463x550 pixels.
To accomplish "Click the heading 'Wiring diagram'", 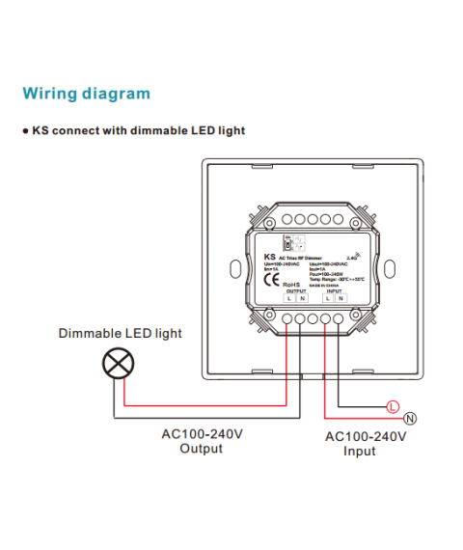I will coord(87,94).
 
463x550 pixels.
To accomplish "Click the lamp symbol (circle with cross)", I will coord(119,364).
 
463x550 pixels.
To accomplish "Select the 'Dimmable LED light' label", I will coord(120,334).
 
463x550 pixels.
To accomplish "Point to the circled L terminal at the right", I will coord(391,406).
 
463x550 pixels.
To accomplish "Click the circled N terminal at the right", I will coord(409,418).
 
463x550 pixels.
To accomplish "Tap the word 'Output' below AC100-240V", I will coord(201,449).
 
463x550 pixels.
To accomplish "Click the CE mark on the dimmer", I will coord(272,282).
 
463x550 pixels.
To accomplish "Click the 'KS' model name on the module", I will coord(269,258).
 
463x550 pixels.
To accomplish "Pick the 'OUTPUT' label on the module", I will coord(295,291).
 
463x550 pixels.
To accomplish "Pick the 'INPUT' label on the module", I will coord(333,291).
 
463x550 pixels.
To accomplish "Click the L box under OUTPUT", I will coord(289,300).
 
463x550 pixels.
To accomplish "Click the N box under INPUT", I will coord(340,300).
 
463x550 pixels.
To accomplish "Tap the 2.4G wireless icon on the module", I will coord(353,258).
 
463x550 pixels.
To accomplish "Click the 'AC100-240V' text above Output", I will coord(201,433).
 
